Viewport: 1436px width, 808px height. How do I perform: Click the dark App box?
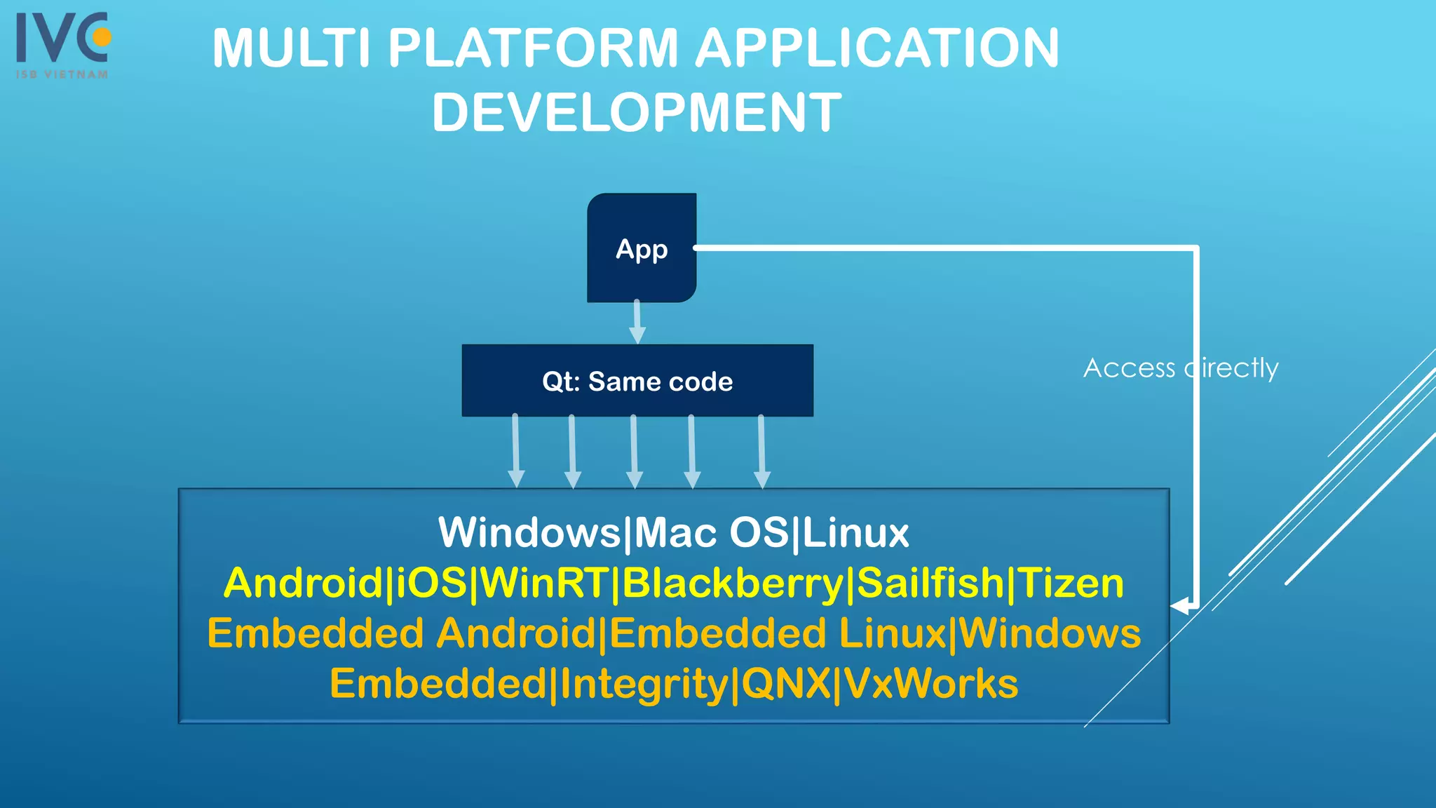click(x=642, y=248)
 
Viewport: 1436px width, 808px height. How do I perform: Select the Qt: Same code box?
click(x=637, y=381)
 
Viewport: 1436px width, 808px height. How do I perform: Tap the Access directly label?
click(x=1181, y=368)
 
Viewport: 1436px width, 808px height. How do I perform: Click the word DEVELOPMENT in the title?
click(x=637, y=112)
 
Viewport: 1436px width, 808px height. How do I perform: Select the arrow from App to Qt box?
click(x=637, y=322)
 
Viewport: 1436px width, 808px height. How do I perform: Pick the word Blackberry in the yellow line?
click(x=733, y=584)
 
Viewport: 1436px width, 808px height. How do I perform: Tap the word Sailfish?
click(x=931, y=584)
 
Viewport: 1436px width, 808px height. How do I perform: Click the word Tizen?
click(x=1071, y=584)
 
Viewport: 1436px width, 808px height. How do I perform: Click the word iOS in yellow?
click(x=431, y=584)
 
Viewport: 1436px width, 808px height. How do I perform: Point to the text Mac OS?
click(x=711, y=533)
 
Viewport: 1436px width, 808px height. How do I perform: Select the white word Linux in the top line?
click(x=855, y=533)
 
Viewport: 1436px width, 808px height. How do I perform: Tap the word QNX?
click(x=786, y=684)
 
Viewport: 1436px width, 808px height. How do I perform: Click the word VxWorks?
click(x=931, y=684)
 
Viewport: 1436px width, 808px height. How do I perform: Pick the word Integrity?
click(x=644, y=684)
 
